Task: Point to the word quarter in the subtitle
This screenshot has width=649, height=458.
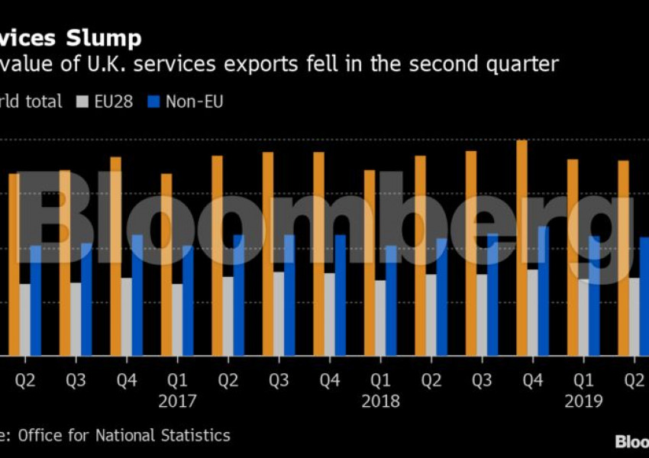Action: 518,64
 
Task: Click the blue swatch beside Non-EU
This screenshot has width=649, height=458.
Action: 153,102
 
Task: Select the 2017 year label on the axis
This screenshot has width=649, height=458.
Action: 177,401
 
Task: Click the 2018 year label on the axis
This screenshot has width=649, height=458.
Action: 380,401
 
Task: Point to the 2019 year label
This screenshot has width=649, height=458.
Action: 583,401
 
